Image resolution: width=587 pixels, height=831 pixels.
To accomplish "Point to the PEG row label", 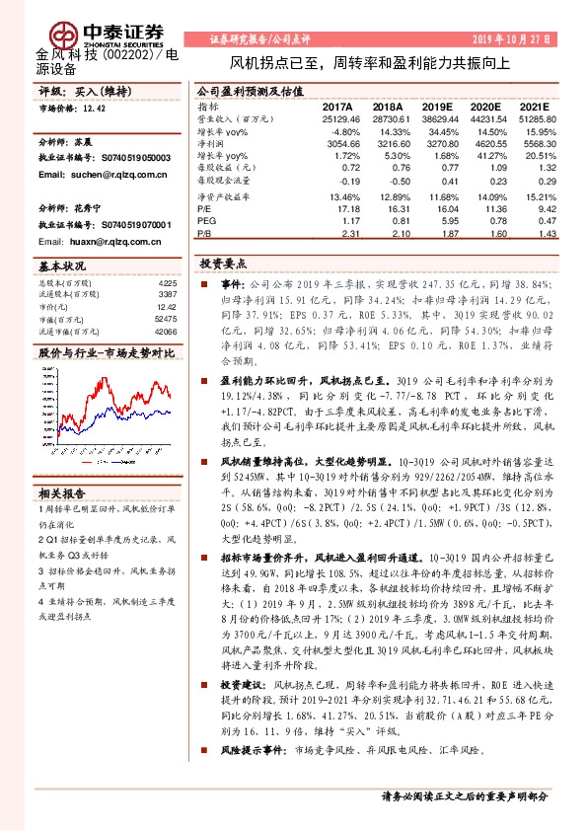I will click(x=207, y=221).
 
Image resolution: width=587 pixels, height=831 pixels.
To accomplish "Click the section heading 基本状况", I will click(x=61, y=266).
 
